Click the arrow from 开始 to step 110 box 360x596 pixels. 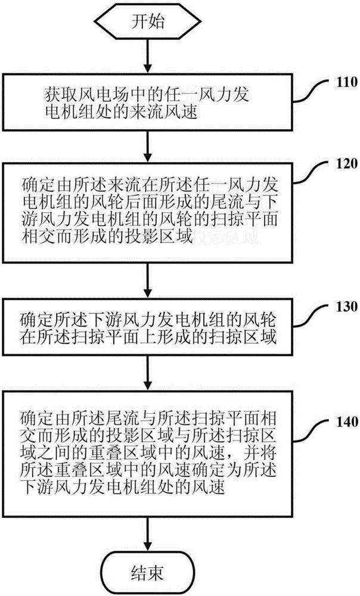tap(145, 58)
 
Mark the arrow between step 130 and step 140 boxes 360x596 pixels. tap(145, 373)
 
